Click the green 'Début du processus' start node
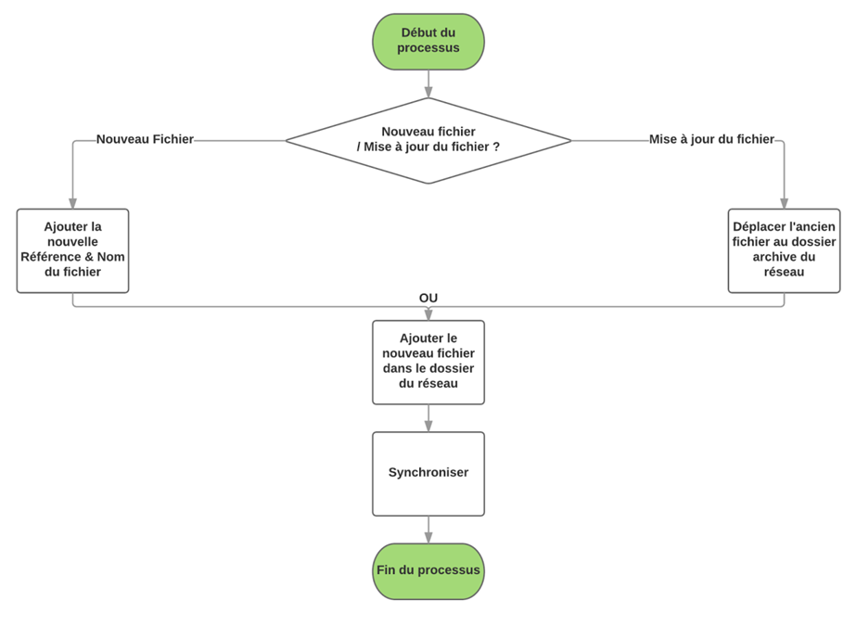(x=428, y=41)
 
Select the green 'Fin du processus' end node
(x=428, y=570)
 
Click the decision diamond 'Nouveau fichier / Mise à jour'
(x=428, y=141)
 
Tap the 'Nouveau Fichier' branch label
(x=145, y=139)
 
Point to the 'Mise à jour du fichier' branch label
(x=711, y=139)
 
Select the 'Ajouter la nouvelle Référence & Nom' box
(x=72, y=250)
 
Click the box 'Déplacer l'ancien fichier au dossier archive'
(x=784, y=250)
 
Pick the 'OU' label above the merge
(x=428, y=298)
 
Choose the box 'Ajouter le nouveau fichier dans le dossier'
(x=428, y=362)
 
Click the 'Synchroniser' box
(x=428, y=473)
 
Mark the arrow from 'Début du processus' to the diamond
(x=428, y=83)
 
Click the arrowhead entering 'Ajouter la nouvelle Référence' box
(x=72, y=203)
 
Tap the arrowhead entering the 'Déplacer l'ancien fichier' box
(x=784, y=203)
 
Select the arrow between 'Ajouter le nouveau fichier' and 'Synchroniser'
(x=428, y=418)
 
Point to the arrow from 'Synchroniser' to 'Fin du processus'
(x=428, y=530)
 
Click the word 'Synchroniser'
(x=428, y=473)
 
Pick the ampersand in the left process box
(x=90, y=257)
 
